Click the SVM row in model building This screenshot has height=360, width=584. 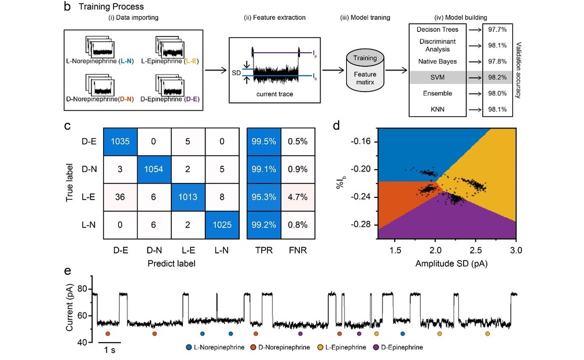(x=438, y=78)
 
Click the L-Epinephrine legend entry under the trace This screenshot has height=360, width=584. (x=343, y=348)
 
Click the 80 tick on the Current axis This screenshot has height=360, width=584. (x=82, y=289)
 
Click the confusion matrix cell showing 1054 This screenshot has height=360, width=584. (x=155, y=168)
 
